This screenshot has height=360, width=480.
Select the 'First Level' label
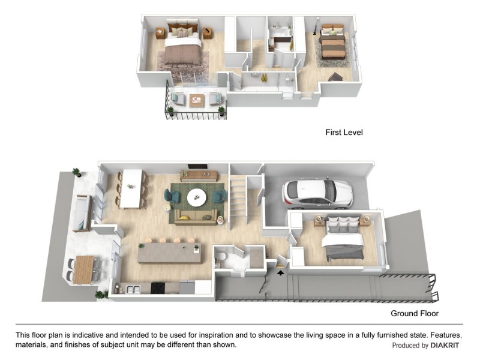click(x=344, y=132)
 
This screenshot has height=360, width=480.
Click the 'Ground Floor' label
click(x=415, y=313)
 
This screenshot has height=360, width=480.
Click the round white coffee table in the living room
click(x=196, y=197)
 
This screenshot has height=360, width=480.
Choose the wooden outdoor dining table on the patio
click(x=84, y=268)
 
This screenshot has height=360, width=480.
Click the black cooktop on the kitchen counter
click(x=158, y=289)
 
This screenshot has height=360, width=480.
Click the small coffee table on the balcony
click(x=197, y=100)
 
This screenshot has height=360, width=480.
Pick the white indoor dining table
click(x=131, y=188)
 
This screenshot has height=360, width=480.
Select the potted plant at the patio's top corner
click(x=76, y=173)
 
